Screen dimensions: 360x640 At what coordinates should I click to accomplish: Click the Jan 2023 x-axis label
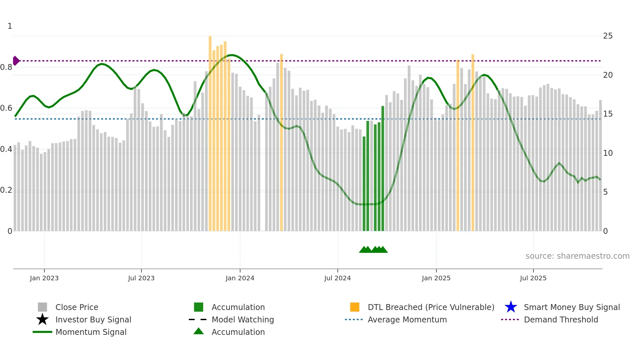tap(44, 278)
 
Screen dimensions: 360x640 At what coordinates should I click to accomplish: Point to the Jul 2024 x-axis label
tap(337, 278)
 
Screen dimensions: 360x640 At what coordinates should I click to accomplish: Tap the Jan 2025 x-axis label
tap(436, 278)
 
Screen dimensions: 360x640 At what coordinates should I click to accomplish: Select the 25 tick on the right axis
tap(608, 36)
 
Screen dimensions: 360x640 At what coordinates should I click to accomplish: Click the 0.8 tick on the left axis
tap(7, 67)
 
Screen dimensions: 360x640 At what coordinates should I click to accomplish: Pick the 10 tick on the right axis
tap(608, 153)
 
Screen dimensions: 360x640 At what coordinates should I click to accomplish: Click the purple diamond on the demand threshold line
tap(16, 61)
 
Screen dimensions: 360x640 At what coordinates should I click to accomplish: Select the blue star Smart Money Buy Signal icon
tap(511, 307)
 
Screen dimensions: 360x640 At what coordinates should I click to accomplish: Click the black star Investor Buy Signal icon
tap(42, 319)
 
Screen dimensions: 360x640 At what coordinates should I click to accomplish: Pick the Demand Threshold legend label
tap(561, 319)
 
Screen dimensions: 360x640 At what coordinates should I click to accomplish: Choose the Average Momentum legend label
tap(407, 319)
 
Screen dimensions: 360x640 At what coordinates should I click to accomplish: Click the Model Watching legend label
tap(243, 319)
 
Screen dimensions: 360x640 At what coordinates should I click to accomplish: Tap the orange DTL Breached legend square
tap(355, 307)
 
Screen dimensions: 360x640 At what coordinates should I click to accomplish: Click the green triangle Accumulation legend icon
tap(199, 331)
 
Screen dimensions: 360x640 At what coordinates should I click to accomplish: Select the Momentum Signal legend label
tap(91, 332)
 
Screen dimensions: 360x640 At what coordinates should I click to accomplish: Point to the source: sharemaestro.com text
tap(577, 256)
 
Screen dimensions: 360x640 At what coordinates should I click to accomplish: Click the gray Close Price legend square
tap(42, 307)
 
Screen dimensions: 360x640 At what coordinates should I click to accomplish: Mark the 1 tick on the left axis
tap(10, 26)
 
